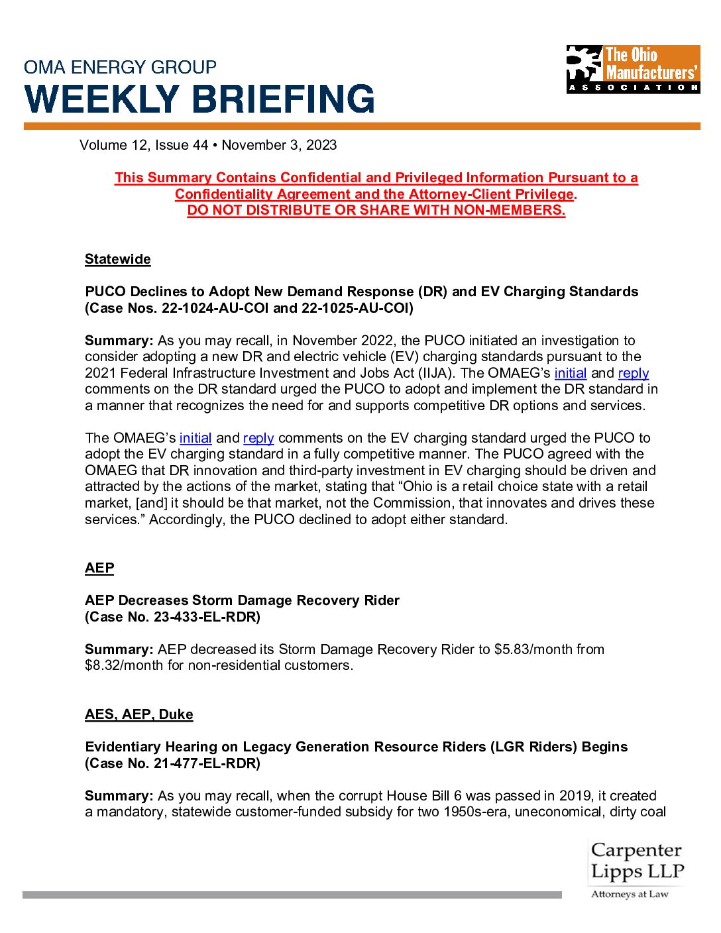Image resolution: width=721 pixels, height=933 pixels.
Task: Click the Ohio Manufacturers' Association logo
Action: tap(633, 69)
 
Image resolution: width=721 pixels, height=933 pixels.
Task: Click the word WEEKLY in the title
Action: tap(102, 99)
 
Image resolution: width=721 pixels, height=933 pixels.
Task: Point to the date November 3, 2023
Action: tap(279, 145)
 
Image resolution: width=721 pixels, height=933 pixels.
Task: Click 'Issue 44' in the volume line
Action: tap(182, 145)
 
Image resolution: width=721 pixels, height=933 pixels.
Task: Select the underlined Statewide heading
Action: tap(118, 259)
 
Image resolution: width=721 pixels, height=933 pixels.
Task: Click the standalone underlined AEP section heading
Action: tap(99, 568)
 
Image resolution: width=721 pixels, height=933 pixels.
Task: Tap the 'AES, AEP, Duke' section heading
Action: tap(139, 714)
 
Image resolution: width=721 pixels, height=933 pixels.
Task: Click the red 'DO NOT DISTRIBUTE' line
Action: tap(376, 210)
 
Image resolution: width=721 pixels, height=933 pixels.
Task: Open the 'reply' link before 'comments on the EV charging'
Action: tap(258, 438)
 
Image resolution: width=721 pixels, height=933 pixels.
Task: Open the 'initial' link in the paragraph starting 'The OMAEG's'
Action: tap(195, 438)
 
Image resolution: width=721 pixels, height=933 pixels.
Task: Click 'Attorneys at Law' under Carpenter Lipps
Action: tap(630, 895)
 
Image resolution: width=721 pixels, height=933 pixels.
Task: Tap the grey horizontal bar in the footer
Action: tap(292, 895)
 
